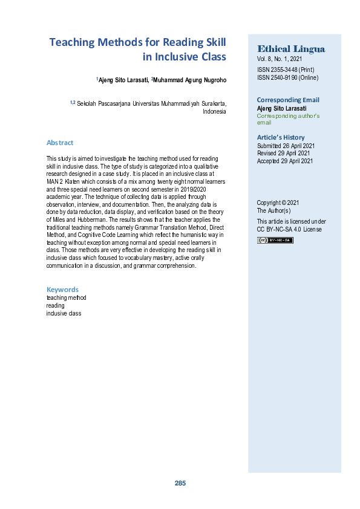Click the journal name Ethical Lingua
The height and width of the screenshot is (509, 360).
click(x=291, y=48)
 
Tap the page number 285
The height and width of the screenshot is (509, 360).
click(x=180, y=483)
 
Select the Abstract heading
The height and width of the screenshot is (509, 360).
click(x=60, y=143)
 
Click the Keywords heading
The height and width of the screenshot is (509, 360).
click(x=62, y=290)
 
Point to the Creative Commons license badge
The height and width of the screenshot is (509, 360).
click(x=275, y=240)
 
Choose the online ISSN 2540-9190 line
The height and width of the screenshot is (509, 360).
click(x=287, y=77)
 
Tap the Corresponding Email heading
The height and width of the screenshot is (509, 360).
click(x=288, y=100)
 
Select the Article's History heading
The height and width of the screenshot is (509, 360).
click(x=281, y=137)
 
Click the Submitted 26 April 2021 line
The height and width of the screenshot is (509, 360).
click(x=286, y=146)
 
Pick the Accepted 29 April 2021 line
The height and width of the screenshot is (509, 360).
click(x=285, y=161)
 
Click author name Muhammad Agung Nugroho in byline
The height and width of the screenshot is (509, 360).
click(x=190, y=80)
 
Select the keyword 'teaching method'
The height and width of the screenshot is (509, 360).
click(x=66, y=298)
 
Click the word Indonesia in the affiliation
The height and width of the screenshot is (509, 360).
click(x=214, y=112)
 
